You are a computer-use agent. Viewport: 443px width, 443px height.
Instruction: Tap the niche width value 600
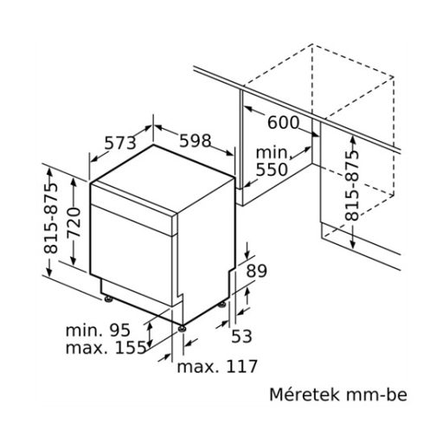(282, 123)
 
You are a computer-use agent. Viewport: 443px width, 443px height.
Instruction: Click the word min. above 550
(273, 152)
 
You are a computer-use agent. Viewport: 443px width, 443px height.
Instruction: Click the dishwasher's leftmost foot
(108, 299)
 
